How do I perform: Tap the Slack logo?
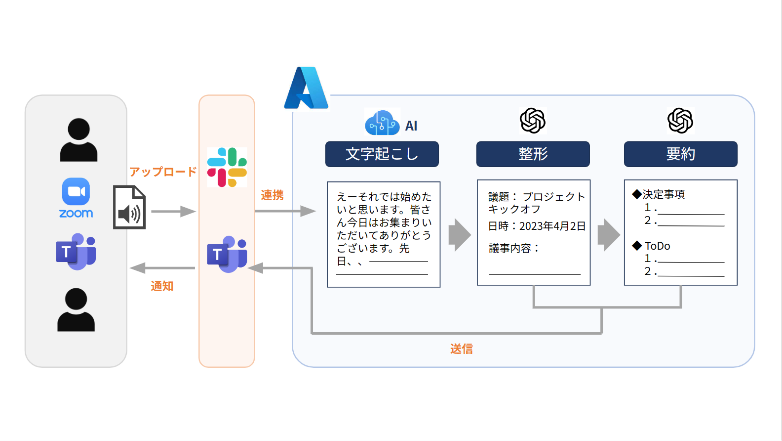(227, 167)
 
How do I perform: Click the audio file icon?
(129, 207)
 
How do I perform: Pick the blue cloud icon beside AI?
(382, 123)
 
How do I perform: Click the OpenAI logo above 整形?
(533, 121)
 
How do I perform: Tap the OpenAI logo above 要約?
(680, 121)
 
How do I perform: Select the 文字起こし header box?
(382, 154)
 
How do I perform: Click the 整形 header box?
(533, 154)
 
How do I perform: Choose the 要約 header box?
(680, 154)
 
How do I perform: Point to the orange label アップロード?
(163, 172)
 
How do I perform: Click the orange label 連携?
(272, 195)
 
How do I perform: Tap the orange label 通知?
(162, 286)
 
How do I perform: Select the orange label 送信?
(462, 349)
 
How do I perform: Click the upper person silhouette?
(78, 140)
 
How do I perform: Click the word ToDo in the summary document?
(657, 246)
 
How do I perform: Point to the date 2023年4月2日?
(552, 226)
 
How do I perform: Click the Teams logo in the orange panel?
(227, 254)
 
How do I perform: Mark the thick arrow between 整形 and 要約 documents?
(608, 235)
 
